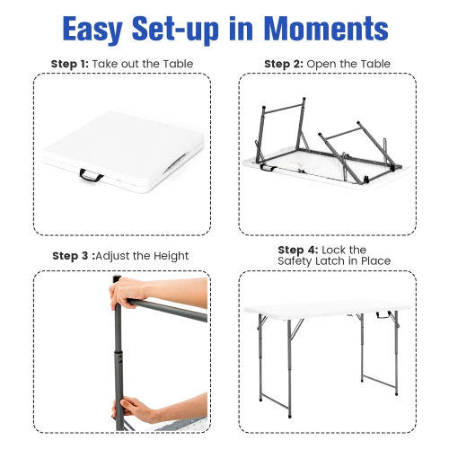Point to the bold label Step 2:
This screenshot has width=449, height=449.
coord(284,64)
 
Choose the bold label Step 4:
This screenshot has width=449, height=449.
coord(297,250)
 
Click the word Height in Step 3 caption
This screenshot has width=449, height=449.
coord(169,256)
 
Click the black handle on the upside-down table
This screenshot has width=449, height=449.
coord(267,166)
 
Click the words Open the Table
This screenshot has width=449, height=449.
coord(349,64)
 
